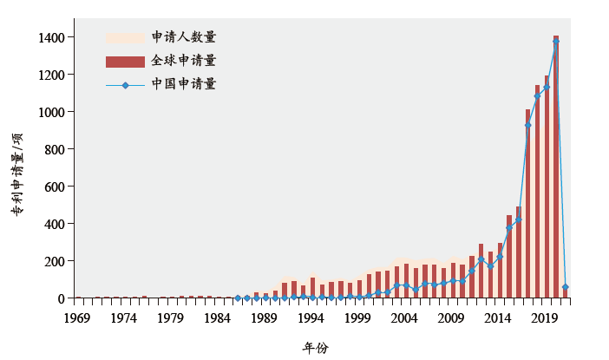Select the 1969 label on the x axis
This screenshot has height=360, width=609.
(x=77, y=317)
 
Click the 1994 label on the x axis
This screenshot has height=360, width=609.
(x=311, y=317)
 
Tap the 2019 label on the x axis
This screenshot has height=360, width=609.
(x=545, y=317)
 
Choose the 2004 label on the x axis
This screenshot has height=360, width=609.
(x=405, y=317)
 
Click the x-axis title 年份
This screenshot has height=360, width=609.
(x=315, y=347)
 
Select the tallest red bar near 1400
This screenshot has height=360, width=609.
(x=555, y=165)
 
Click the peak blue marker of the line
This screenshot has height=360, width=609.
(x=555, y=42)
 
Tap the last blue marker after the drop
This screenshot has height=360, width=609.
(x=565, y=287)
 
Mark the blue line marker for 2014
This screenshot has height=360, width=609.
(x=499, y=257)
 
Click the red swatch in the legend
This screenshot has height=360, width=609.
(x=125, y=61)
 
